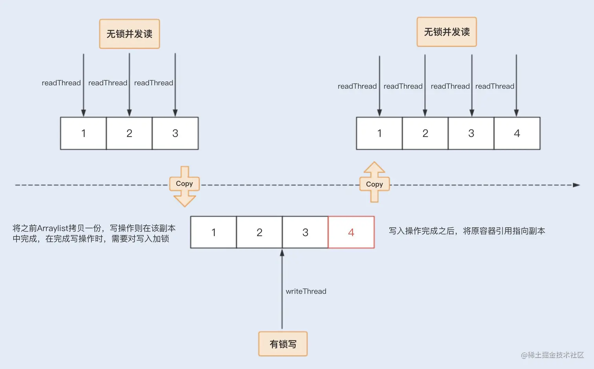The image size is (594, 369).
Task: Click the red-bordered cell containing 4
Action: coord(351,232)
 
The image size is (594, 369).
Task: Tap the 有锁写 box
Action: coord(283,344)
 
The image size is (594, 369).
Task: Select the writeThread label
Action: coord(306,291)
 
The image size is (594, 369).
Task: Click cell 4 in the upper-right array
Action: coord(517,133)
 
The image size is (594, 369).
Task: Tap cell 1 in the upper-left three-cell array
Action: coord(83,133)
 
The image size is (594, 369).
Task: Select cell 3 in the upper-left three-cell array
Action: coord(175,133)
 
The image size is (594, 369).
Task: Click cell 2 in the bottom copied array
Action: coord(259,232)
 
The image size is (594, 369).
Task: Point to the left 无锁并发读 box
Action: coord(129,34)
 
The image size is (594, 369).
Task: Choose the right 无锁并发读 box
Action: coord(447,32)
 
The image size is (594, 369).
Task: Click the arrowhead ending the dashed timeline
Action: coord(576,185)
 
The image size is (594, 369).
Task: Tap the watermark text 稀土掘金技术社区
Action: coord(555,355)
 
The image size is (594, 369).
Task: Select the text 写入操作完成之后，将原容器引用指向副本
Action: coord(467,231)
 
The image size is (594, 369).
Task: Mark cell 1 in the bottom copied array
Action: coord(213,232)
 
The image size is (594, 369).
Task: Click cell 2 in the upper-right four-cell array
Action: coord(425,133)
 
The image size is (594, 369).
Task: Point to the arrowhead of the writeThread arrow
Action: coord(282,253)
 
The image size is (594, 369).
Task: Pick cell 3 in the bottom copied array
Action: coord(305,232)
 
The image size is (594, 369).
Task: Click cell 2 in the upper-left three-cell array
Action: coord(129,133)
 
